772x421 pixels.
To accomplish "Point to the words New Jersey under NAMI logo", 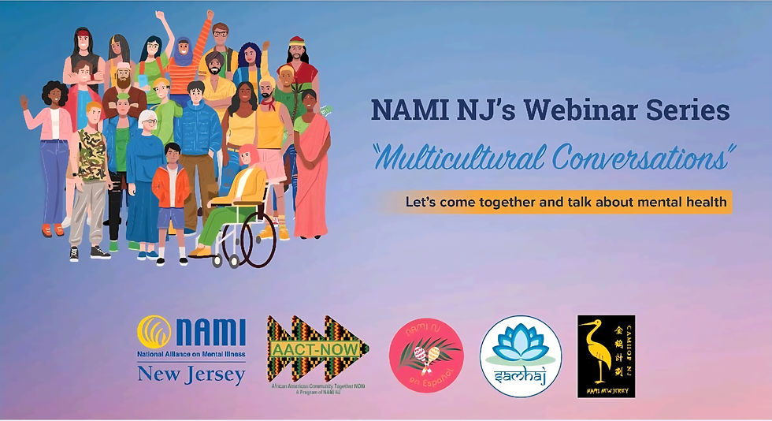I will pyautogui.click(x=191, y=375).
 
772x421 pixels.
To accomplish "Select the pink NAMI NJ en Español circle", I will pyautogui.click(x=425, y=351).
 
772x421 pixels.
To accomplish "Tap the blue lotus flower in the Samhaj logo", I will pyautogui.click(x=520, y=340).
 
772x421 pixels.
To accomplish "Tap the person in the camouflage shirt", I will pyautogui.click(x=93, y=166).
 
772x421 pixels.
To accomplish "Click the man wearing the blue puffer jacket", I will pyautogui.click(x=197, y=134).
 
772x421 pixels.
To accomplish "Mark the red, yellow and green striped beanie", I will pyautogui.click(x=296, y=42).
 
